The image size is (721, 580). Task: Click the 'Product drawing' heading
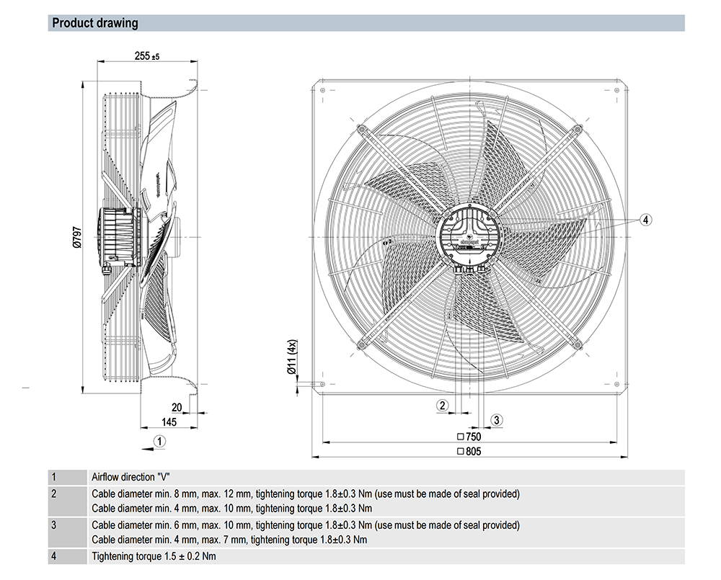point(94,23)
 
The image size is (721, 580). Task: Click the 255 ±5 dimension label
point(146,55)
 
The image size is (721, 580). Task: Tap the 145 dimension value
point(169,421)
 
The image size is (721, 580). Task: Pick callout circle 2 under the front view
point(443,405)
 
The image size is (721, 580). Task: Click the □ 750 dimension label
point(469,437)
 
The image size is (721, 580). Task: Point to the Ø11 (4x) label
point(293,358)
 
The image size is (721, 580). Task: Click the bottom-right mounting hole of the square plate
point(616,383)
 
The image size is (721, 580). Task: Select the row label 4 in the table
point(53,556)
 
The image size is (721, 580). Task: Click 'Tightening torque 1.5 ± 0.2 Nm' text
point(154,556)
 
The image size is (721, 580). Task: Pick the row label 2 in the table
point(53,494)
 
